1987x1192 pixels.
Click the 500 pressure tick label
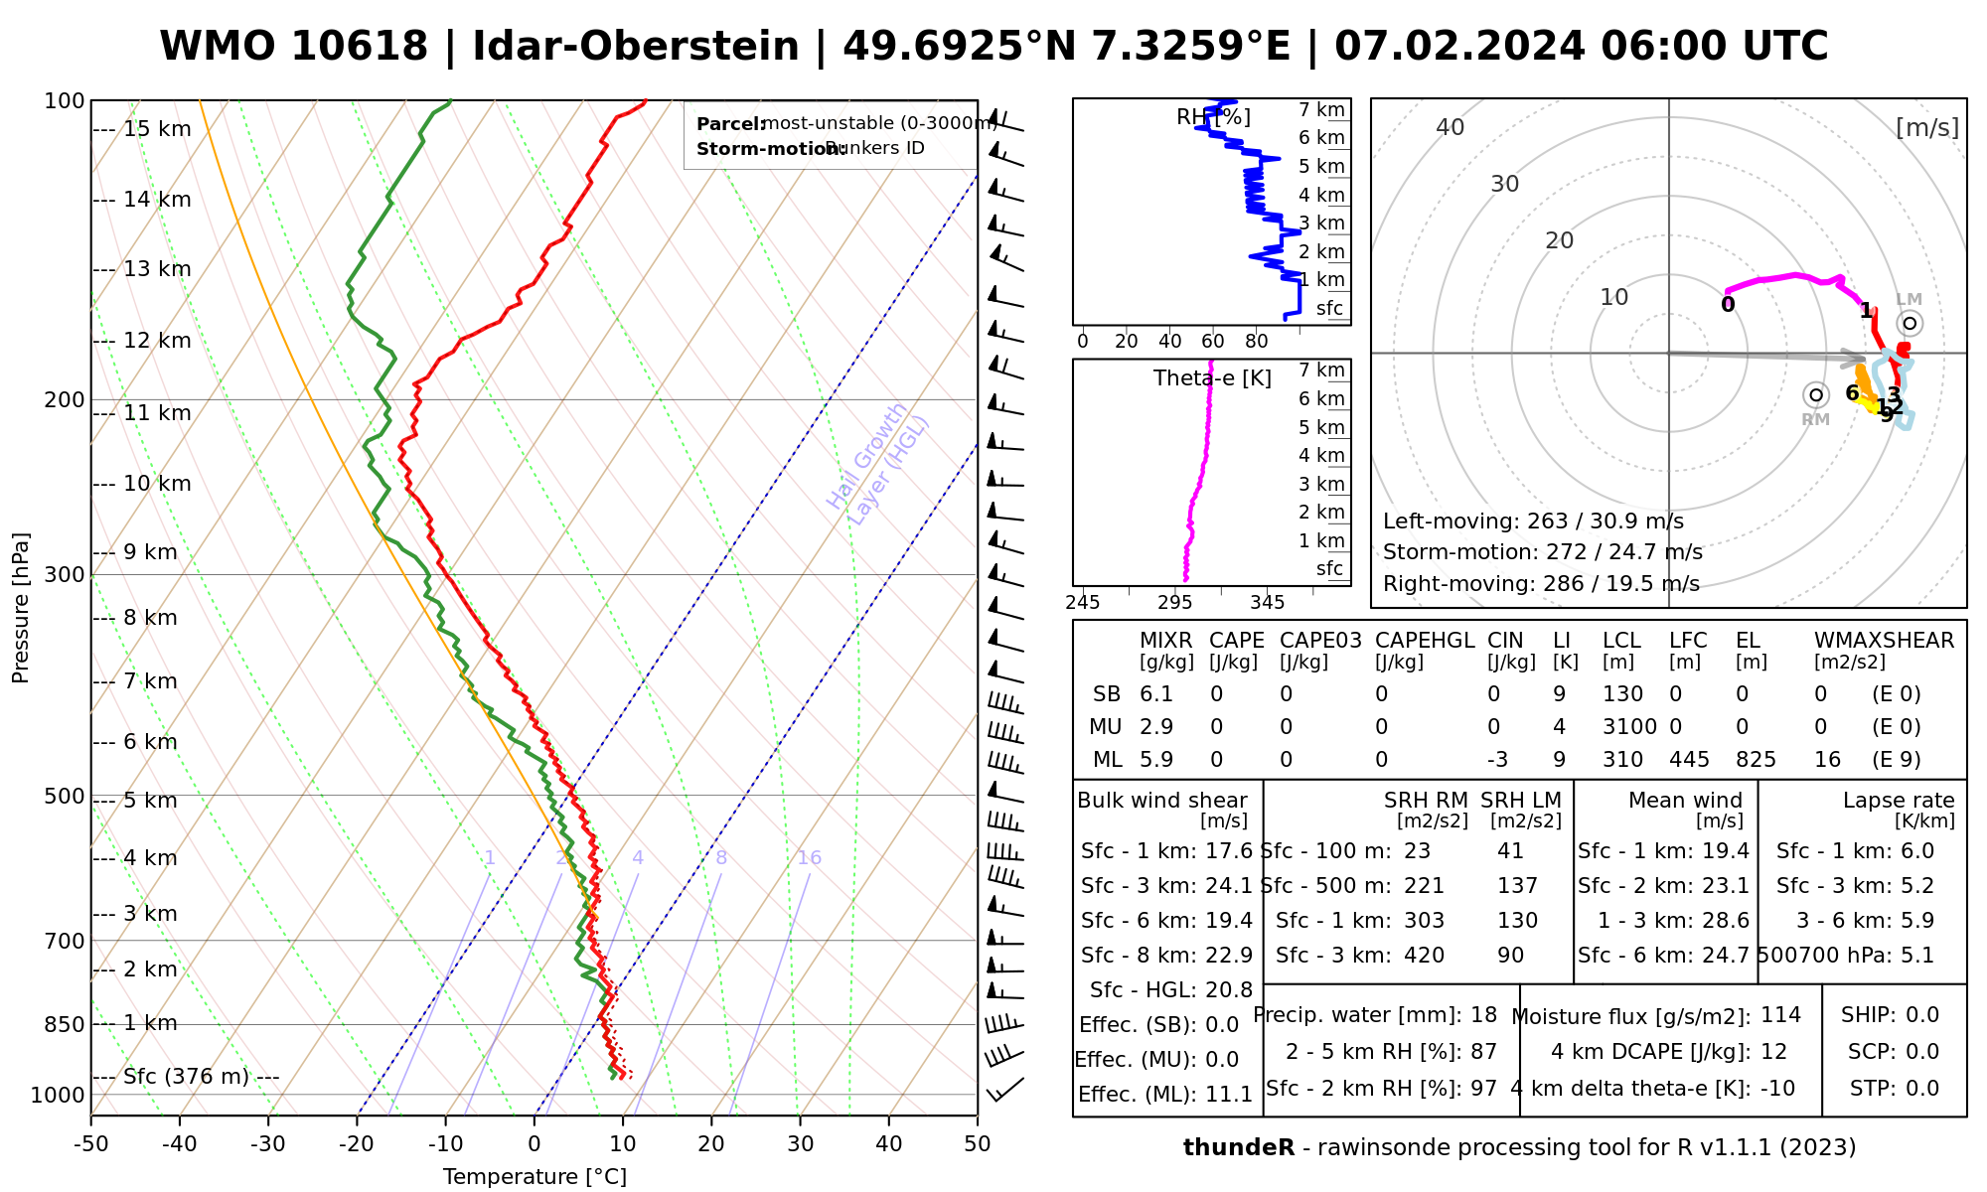tap(65, 796)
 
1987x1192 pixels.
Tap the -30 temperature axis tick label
tap(268, 1144)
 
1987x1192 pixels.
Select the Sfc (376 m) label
tap(186, 1077)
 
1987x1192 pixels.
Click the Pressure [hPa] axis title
tap(21, 608)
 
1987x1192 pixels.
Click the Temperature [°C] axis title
tap(535, 1177)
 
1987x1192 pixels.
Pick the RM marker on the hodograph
tap(1816, 395)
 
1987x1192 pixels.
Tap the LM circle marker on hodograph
tap(1910, 323)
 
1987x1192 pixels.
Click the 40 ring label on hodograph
tap(1451, 127)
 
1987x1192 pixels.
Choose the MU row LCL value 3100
tap(1629, 727)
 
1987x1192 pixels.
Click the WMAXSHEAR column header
tap(1884, 641)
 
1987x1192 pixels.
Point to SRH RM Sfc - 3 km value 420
tap(1424, 956)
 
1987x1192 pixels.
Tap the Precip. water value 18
tap(1483, 1015)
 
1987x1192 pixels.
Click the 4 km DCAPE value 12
tap(1773, 1052)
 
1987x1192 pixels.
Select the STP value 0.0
tap(1922, 1089)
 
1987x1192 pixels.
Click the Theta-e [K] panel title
tap(1212, 378)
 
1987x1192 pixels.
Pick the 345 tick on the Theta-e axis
tap(1267, 602)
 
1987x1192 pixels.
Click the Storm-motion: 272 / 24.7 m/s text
tap(1542, 552)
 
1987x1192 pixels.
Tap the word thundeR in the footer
tap(1239, 1148)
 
